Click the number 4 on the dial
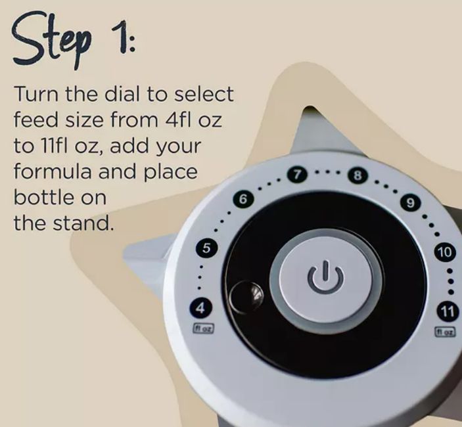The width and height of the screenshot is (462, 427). (x=200, y=308)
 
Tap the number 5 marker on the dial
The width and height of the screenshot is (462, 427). (x=206, y=248)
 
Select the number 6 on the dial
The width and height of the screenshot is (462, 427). (x=243, y=199)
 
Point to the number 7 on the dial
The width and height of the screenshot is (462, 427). (x=297, y=175)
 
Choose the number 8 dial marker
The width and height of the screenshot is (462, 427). (x=358, y=176)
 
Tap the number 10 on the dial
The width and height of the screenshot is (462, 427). (x=445, y=252)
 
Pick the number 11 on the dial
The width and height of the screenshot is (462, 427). (x=447, y=311)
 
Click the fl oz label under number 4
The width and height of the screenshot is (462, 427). (x=203, y=328)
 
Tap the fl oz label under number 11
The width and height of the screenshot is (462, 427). (x=446, y=332)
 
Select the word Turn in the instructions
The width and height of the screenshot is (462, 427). (x=35, y=94)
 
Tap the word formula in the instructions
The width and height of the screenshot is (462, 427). (x=53, y=171)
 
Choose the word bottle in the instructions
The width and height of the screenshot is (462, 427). (x=43, y=197)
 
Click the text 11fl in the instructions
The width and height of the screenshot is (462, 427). (x=53, y=146)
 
